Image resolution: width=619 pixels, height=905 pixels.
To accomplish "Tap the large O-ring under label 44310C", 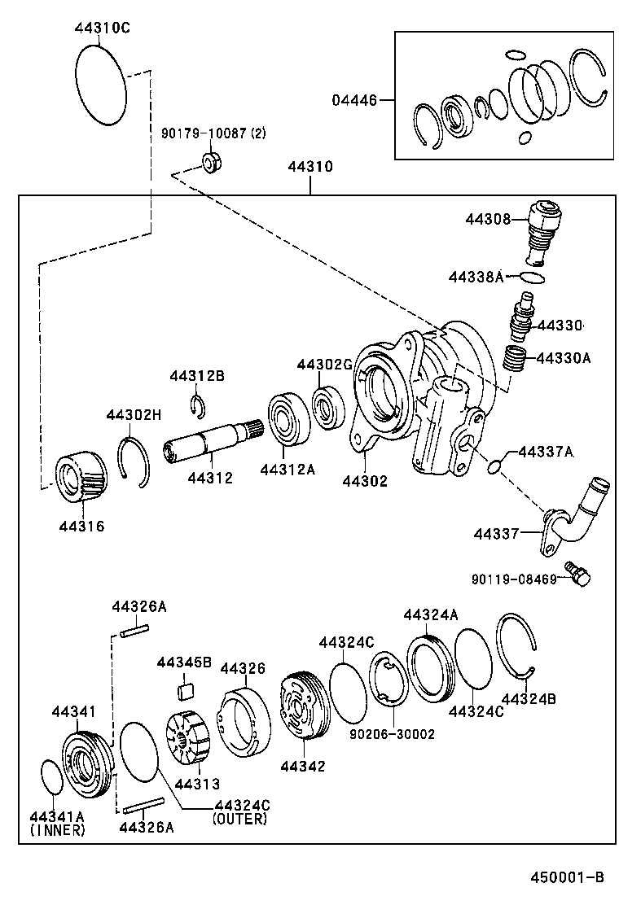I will click(x=102, y=84).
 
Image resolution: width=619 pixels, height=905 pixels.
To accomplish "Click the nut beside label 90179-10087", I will click(x=212, y=161).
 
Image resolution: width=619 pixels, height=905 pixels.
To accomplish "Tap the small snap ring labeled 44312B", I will click(x=197, y=404).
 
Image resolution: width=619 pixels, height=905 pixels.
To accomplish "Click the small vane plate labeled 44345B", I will click(x=186, y=690).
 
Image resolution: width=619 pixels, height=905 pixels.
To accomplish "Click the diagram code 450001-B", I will click(x=567, y=877).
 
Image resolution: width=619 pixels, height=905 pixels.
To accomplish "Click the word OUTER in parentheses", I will click(x=239, y=819).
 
